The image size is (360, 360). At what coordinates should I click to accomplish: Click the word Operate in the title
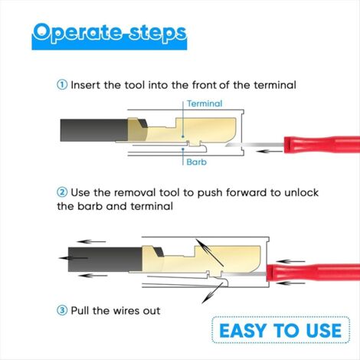point(77,33)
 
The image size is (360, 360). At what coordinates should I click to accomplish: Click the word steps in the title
point(158,33)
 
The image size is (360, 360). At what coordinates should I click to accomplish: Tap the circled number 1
point(62,85)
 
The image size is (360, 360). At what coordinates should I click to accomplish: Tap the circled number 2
point(62,192)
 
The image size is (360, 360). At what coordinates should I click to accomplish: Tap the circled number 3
point(62,310)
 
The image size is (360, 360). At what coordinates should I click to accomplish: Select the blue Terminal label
point(205,103)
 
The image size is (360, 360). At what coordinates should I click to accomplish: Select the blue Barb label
point(196,162)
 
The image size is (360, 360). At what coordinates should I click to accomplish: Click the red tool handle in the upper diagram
point(322,145)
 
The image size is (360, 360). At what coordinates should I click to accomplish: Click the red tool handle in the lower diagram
point(313,273)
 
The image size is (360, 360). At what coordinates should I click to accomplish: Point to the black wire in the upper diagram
point(94,130)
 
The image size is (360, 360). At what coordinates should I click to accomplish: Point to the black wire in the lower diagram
point(105,259)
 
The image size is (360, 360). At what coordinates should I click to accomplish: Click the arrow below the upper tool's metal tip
point(270,152)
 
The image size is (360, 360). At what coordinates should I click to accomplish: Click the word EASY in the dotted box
point(244,330)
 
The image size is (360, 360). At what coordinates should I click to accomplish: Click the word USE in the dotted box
point(324,330)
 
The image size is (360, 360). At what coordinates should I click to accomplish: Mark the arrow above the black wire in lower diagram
point(91,241)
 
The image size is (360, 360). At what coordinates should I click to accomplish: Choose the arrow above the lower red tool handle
point(290,261)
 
